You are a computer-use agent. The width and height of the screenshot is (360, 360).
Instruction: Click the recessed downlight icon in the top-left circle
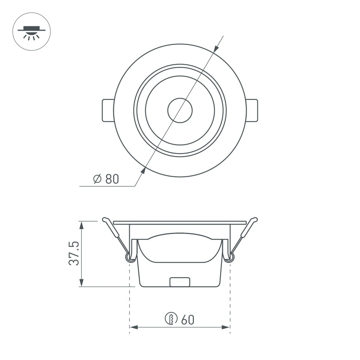[x=31, y=32]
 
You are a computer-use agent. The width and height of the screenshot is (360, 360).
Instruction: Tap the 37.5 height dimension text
[x=74, y=253]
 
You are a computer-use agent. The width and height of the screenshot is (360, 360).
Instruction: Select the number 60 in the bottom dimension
[x=188, y=319]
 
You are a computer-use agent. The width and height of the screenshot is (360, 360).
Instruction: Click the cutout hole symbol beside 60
[x=171, y=319]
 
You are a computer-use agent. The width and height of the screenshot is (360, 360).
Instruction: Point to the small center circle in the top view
[x=180, y=110]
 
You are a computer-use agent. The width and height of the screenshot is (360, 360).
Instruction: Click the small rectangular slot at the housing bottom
[x=180, y=282]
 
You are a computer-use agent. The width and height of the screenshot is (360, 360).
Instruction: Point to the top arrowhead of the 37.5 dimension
[x=82, y=225]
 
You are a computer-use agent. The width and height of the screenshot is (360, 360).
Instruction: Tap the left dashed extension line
[x=129, y=299]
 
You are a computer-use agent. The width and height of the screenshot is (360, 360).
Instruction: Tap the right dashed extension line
[x=230, y=299]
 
